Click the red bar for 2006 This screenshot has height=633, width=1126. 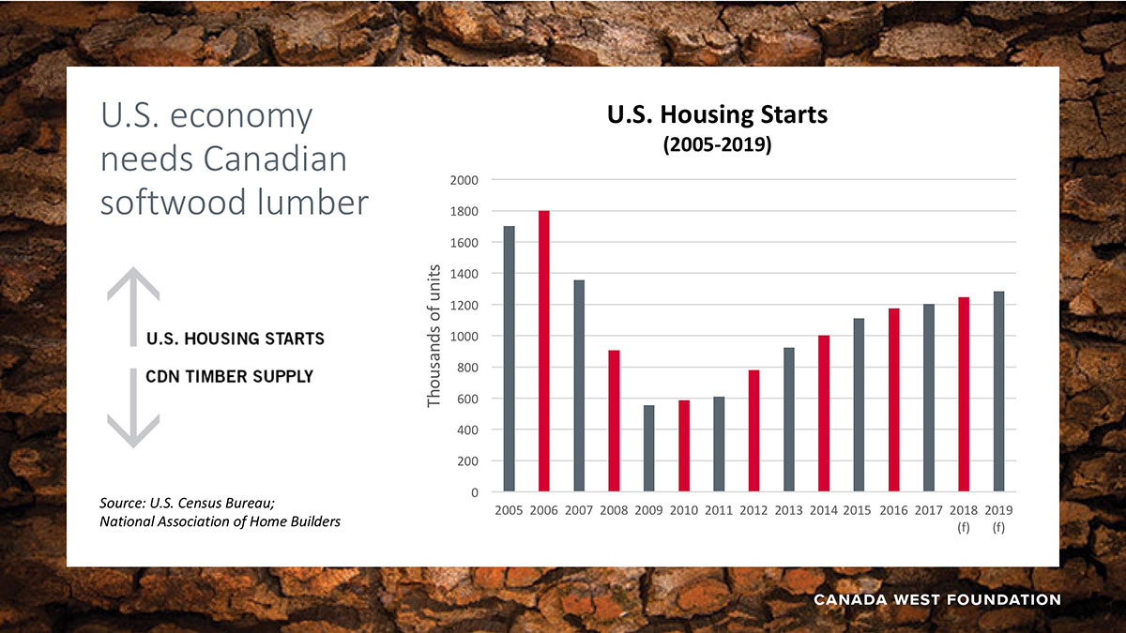(544, 352)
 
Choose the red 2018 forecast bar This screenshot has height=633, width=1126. (964, 394)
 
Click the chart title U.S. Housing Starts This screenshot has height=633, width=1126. (717, 115)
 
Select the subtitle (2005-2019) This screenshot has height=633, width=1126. (717, 145)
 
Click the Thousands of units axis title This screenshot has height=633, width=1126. (434, 335)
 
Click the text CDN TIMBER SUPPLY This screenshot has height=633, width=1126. (229, 376)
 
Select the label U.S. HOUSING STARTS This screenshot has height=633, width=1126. (235, 339)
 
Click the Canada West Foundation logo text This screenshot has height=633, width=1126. (936, 599)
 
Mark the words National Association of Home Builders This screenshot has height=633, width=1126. (220, 521)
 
